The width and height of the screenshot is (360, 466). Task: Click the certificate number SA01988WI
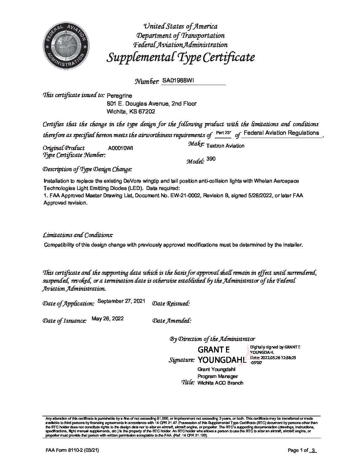click(176, 80)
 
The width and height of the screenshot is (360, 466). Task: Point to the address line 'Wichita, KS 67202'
click(131, 112)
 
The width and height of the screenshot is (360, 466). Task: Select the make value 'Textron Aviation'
click(225, 146)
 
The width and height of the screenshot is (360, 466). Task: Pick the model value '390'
click(211, 159)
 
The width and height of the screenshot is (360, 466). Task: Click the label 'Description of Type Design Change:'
click(87, 169)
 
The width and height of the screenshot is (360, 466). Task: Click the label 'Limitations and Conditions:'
click(78, 235)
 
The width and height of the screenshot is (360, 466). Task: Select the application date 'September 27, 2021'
click(122, 301)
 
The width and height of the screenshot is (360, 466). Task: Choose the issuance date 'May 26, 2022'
click(108, 318)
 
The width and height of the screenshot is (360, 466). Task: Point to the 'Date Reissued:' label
click(171, 303)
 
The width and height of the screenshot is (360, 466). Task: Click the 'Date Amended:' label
click(172, 320)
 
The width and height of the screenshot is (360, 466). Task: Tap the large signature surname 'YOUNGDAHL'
click(221, 360)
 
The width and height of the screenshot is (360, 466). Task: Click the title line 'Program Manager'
click(218, 376)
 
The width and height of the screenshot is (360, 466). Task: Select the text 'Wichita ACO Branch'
click(220, 383)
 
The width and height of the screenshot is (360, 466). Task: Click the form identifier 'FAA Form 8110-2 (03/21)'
click(69, 450)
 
